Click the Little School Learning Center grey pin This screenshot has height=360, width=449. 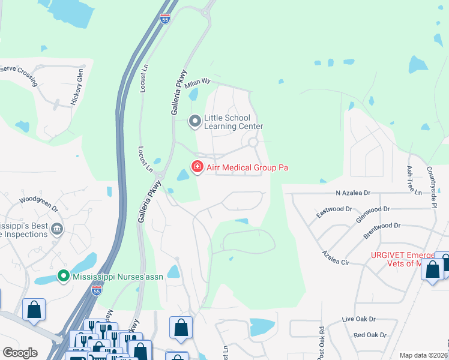click(x=195, y=122)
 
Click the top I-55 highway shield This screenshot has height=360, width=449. click(x=165, y=19)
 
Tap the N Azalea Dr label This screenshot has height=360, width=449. click(x=354, y=193)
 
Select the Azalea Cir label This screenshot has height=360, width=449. click(x=336, y=258)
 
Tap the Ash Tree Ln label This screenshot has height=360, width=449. click(x=411, y=179)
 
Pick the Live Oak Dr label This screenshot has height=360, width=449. click(x=358, y=319)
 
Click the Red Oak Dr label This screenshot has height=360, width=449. click(x=369, y=335)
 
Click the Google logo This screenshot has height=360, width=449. click(x=20, y=353)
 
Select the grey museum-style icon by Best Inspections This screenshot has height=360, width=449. click(x=57, y=229)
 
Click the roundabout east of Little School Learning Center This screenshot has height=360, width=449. click(x=253, y=142)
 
